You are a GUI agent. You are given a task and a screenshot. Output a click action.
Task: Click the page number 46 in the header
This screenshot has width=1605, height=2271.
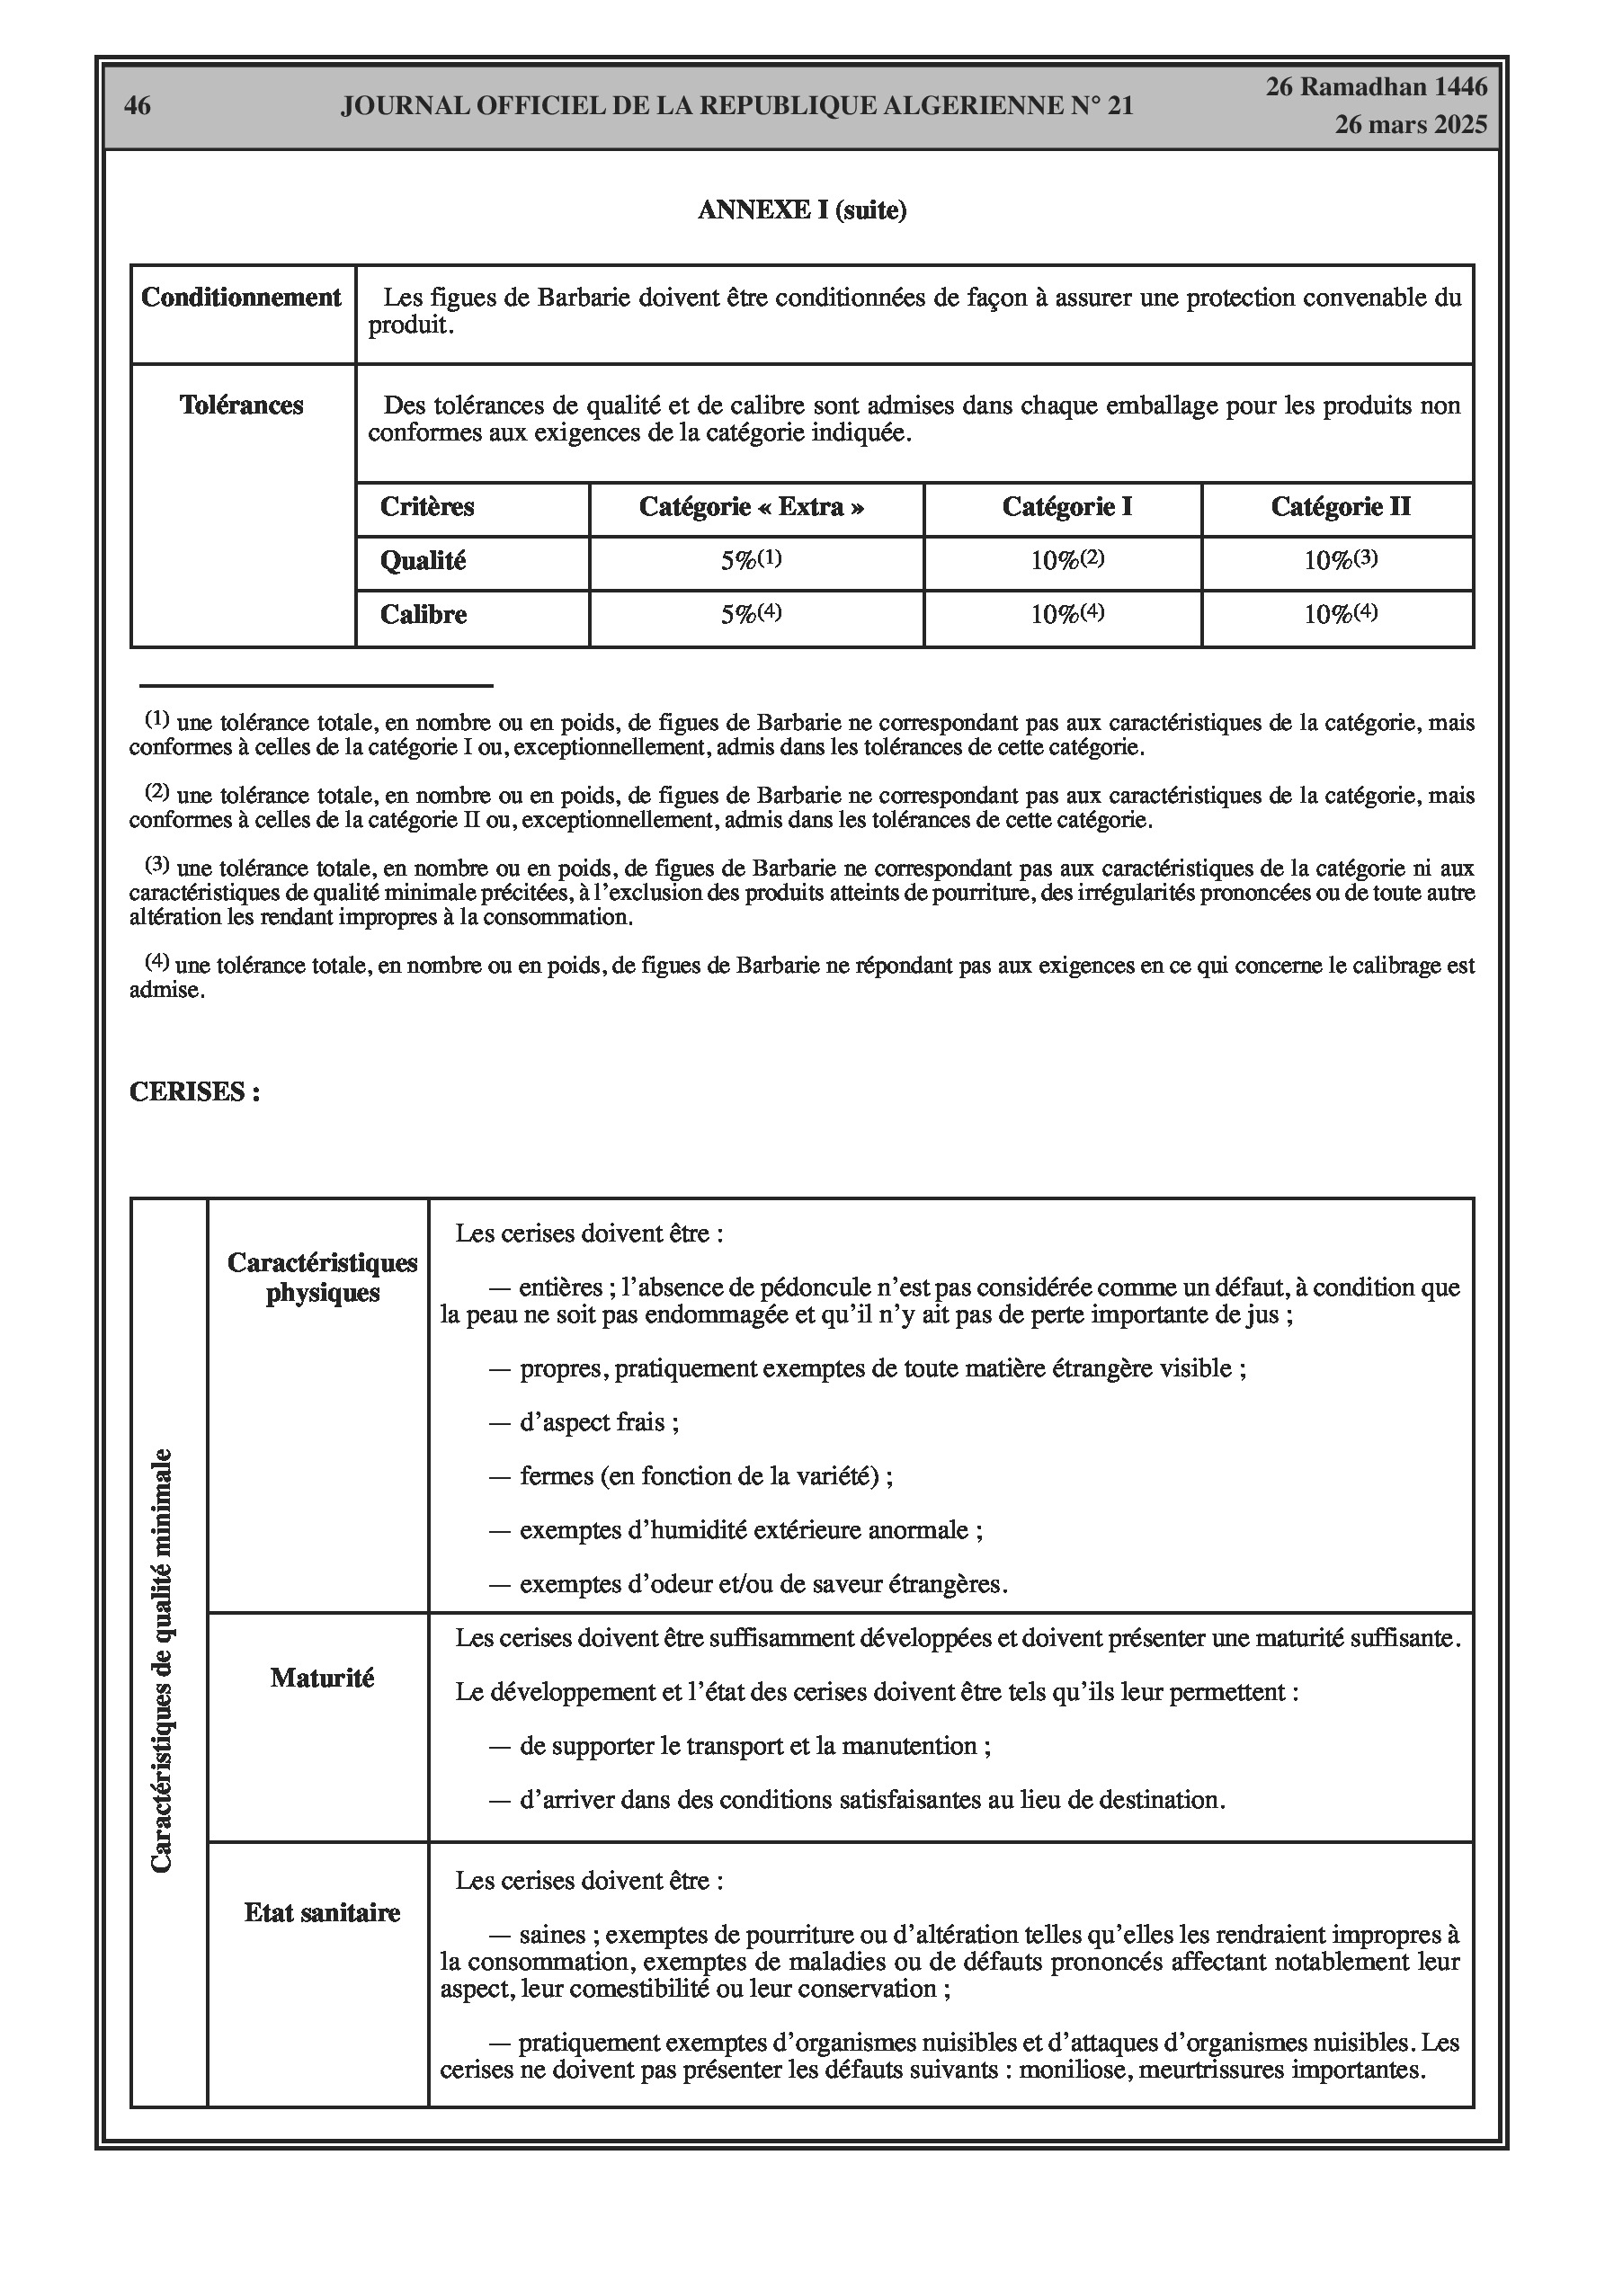coord(138,106)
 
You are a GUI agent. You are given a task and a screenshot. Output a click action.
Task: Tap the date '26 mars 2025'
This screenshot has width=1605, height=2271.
coord(1410,125)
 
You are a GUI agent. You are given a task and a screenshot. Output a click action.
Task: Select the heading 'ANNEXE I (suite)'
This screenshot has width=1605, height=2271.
coord(801,210)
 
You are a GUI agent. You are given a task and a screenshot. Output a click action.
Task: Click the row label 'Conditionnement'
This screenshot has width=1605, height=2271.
coord(242,298)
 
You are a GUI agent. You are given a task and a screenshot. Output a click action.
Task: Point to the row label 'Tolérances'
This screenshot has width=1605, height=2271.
coord(242,405)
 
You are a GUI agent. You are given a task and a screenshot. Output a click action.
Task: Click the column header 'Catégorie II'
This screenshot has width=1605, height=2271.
coord(1340,507)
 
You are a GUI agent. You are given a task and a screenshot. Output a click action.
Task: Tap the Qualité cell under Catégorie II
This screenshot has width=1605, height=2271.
coord(1340,560)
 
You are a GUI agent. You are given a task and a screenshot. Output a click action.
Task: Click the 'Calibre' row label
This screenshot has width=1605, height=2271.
coord(424,615)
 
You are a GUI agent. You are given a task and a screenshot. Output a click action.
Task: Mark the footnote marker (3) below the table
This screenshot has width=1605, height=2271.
coord(157,865)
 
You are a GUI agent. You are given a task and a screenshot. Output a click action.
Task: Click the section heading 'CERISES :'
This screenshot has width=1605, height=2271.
coord(195,1092)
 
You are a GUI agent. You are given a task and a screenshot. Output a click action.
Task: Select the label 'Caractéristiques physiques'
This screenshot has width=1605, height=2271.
coord(323,1278)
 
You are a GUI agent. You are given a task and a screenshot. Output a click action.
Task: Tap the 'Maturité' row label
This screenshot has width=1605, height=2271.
coord(323,1679)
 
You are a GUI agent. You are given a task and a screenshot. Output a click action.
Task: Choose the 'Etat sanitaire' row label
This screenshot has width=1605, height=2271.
coord(323,1913)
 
